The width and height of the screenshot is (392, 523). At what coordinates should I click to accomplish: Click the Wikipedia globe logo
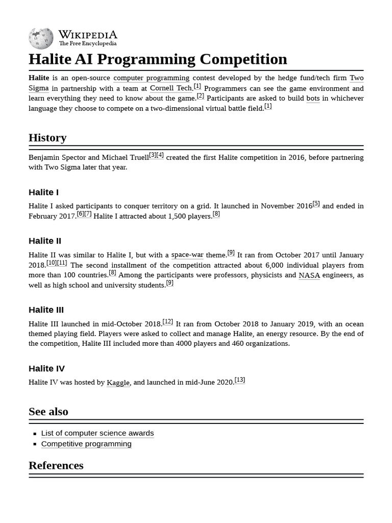tap(41, 38)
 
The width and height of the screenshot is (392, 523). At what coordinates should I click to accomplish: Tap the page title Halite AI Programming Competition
tap(158, 59)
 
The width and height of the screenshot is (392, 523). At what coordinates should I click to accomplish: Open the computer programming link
tap(151, 78)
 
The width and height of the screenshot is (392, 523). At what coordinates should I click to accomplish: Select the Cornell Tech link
tap(171, 88)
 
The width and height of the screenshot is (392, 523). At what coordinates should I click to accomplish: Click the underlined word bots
tap(313, 98)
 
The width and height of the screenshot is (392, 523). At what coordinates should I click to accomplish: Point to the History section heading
tap(47, 138)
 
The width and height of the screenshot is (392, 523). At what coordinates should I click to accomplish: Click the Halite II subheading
tap(45, 241)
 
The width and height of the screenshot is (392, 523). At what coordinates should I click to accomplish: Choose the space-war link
tap(187, 255)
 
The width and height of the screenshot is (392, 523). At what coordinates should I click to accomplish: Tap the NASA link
tap(309, 275)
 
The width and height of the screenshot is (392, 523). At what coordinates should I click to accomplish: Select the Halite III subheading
tap(46, 310)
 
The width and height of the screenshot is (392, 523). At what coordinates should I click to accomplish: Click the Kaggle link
tap(118, 383)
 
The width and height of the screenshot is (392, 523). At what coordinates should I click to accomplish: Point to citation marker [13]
tap(239, 380)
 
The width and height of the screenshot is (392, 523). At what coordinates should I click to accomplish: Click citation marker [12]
tap(167, 322)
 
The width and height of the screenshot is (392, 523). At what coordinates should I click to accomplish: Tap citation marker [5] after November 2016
tap(316, 204)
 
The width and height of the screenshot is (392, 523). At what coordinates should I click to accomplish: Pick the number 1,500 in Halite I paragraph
tap(180, 216)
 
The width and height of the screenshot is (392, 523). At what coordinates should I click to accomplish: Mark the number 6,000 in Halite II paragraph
tap(276, 265)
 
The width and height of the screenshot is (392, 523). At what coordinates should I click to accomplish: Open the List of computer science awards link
tap(97, 433)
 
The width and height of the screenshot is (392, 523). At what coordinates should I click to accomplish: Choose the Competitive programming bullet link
tap(86, 444)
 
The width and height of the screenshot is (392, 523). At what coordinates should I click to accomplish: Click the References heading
tap(56, 465)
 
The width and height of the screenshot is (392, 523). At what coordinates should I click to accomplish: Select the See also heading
tap(48, 412)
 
